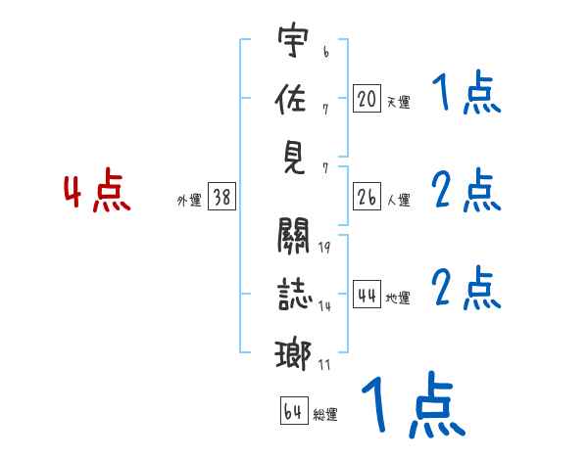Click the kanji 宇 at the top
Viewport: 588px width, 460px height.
294,44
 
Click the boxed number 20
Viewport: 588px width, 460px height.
367,99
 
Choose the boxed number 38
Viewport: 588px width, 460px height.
221,198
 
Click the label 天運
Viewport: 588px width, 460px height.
398,102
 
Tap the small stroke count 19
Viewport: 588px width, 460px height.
324,247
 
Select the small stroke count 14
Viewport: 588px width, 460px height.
324,306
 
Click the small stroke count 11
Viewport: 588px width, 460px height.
324,364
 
